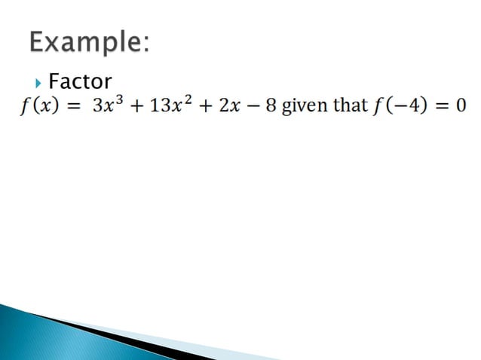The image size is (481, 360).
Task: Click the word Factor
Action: [x=80, y=81]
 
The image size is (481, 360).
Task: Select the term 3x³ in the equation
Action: [x=106, y=105]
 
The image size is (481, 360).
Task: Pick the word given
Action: [x=305, y=105]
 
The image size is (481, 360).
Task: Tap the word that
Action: [x=350, y=105]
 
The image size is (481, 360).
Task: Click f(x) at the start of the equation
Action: [x=40, y=105]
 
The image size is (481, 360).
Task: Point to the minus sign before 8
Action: [x=249, y=106]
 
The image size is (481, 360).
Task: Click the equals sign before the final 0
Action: [x=440, y=106]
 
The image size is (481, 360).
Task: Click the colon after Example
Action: [x=144, y=47]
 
